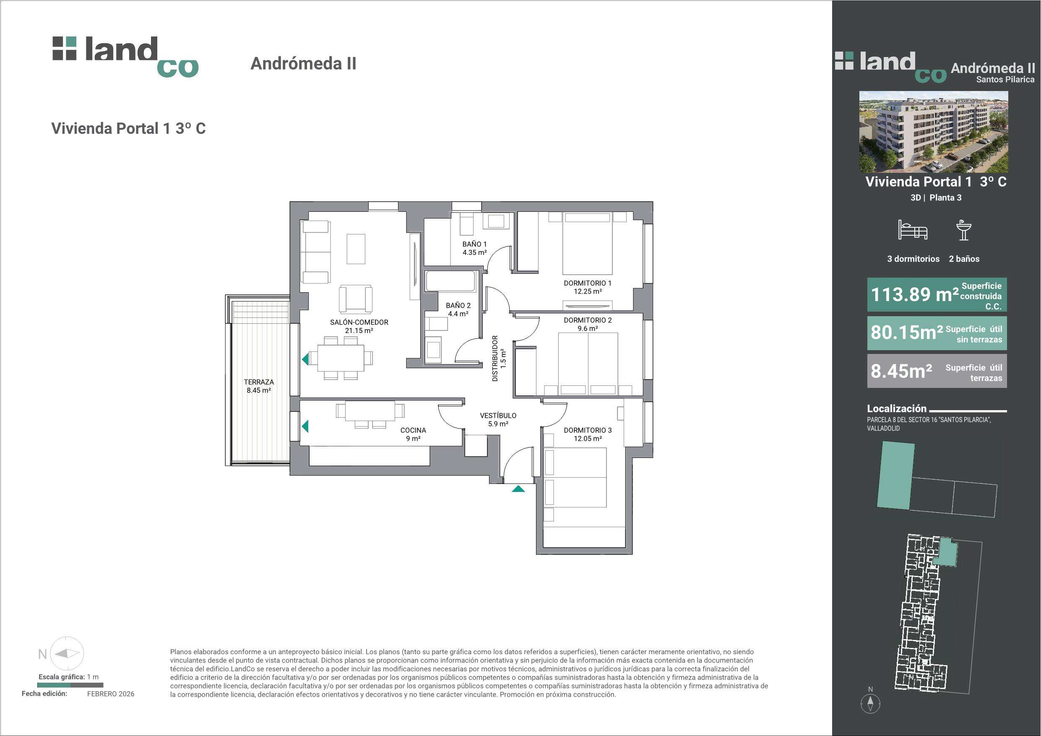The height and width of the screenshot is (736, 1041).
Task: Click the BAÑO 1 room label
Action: click(x=474, y=244)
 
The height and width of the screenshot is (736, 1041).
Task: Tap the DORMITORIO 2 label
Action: click(x=588, y=320)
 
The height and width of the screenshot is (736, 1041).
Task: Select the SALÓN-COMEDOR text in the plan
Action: click(x=359, y=322)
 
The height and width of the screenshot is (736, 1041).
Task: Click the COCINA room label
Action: click(x=413, y=430)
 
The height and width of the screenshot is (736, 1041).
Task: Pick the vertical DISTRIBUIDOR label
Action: click(x=495, y=358)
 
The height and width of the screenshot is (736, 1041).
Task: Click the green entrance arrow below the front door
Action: click(x=518, y=489)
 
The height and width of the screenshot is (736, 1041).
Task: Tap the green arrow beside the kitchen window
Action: click(x=305, y=426)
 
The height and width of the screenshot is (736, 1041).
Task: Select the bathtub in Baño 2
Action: click(x=451, y=281)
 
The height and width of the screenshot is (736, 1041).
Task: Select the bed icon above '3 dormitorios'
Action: click(x=913, y=230)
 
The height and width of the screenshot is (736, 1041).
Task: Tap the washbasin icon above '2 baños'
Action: click(x=963, y=230)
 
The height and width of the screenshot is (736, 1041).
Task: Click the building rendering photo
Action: click(x=934, y=132)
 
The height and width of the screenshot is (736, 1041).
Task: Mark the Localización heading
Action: click(x=897, y=408)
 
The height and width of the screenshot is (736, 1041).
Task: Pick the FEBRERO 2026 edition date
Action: click(x=111, y=694)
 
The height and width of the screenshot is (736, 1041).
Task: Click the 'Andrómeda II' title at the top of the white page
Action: click(x=303, y=63)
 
